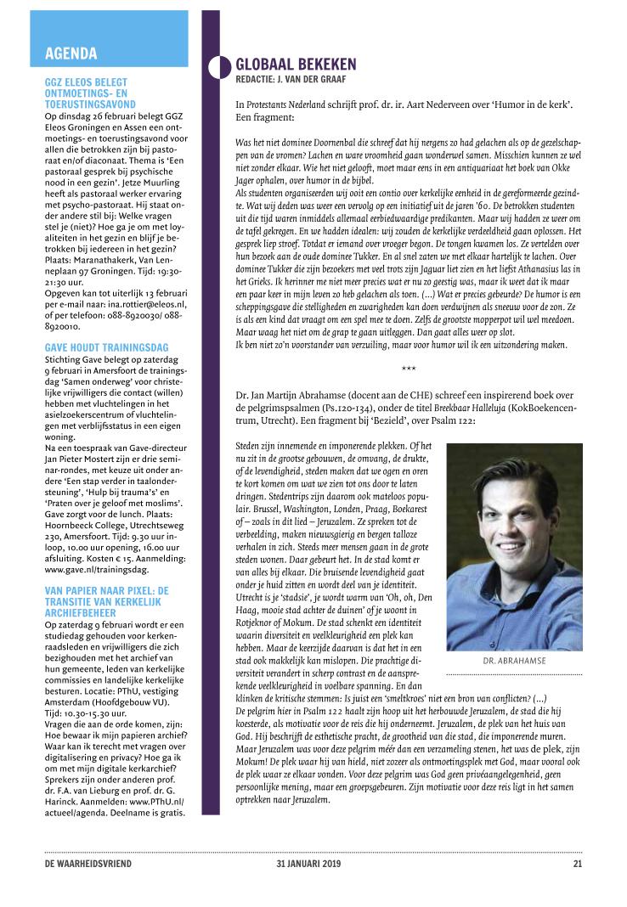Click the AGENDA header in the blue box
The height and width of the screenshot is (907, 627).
click(x=71, y=54)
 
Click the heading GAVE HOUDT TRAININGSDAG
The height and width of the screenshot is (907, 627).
click(x=106, y=347)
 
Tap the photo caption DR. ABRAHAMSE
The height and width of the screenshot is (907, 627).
click(x=513, y=659)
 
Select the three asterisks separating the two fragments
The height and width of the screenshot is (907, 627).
click(x=409, y=367)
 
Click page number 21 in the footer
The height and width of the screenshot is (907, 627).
click(x=577, y=865)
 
